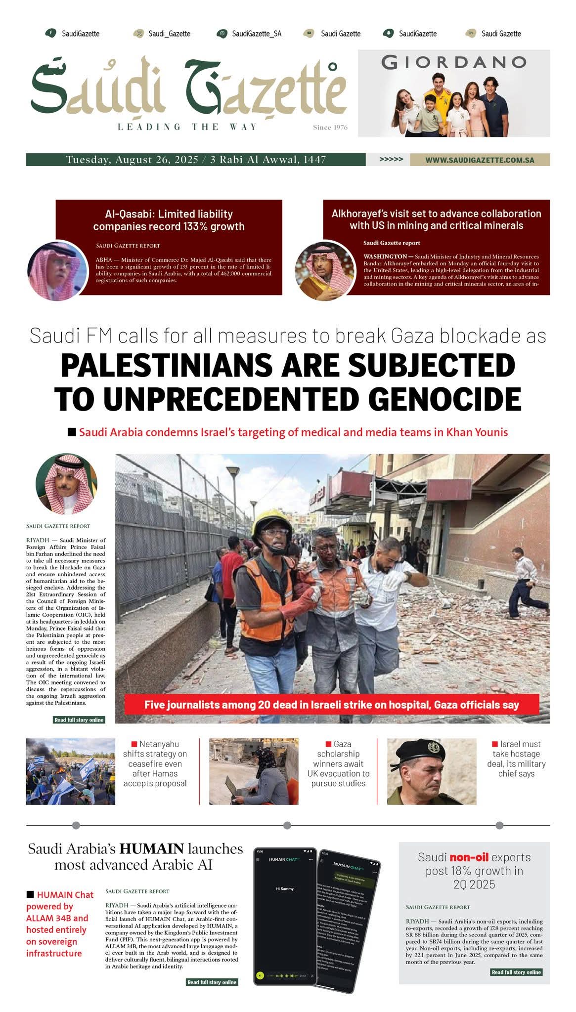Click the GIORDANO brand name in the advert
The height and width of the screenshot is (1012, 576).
[x=453, y=62]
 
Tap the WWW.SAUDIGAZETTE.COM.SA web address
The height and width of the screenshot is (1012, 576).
[x=480, y=160]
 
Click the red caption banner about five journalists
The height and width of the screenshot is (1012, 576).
[x=331, y=705]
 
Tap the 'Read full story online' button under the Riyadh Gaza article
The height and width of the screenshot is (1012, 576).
[x=79, y=720]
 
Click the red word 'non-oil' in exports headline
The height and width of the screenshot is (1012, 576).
[x=469, y=857]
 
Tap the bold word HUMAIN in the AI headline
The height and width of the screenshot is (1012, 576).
[x=151, y=849]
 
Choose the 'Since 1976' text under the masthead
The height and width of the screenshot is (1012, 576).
[x=330, y=127]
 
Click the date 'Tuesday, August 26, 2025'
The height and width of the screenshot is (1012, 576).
[x=132, y=160]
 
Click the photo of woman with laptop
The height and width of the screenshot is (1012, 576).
[x=254, y=771]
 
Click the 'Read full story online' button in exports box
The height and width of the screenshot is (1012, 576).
[x=516, y=972]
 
